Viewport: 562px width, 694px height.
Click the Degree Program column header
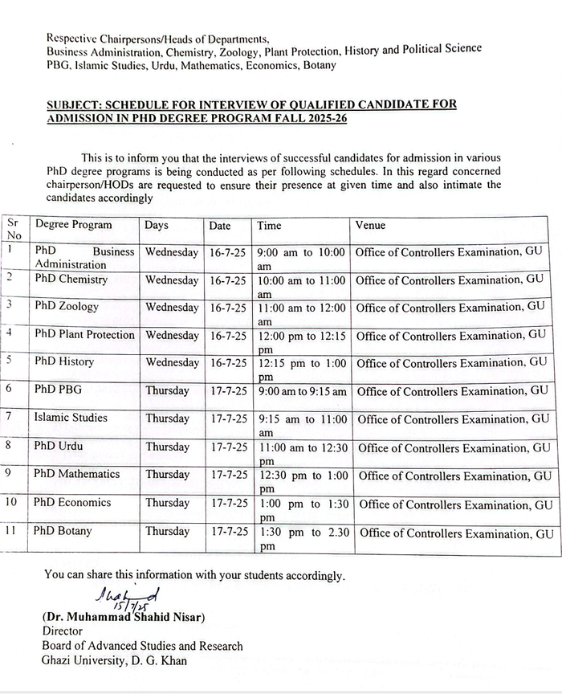point(73,225)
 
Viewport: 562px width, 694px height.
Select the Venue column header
point(370,226)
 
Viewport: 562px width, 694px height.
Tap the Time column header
point(269,226)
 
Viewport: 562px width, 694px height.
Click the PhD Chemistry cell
point(71,280)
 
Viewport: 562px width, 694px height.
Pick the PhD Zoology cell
point(67,307)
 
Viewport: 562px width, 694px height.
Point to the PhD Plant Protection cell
point(84,334)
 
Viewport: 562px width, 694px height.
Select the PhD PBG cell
point(58,390)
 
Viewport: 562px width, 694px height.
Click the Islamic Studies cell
point(71,418)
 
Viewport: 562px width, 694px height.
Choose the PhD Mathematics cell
point(76,474)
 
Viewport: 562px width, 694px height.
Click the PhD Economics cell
point(72,502)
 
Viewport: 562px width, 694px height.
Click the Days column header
point(157,226)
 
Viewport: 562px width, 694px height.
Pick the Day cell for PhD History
point(172,362)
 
